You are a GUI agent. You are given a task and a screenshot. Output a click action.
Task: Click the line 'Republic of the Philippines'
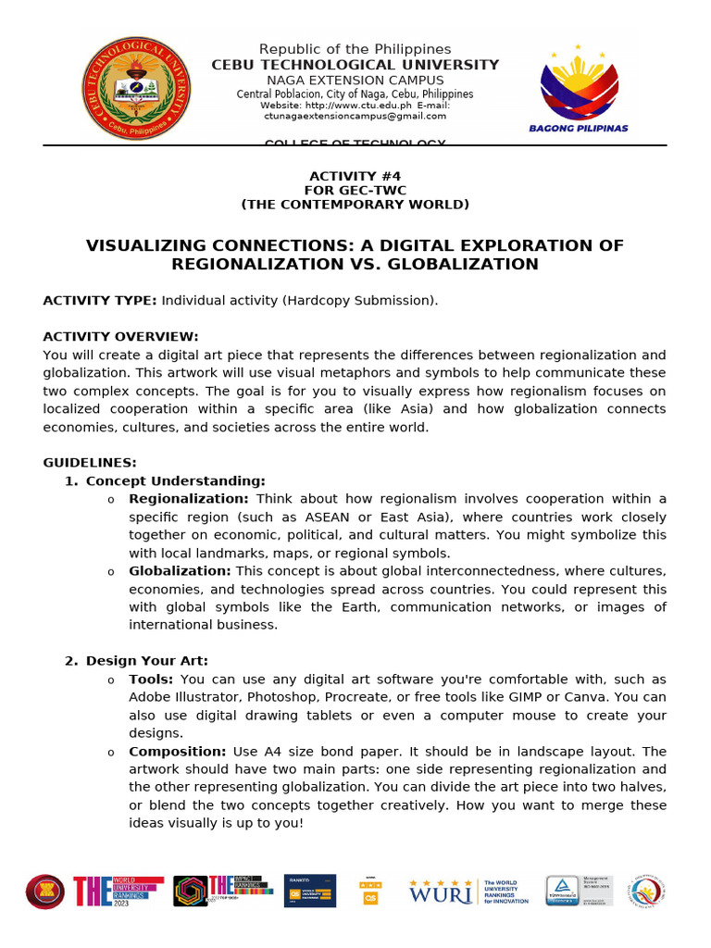pyautogui.click(x=355, y=49)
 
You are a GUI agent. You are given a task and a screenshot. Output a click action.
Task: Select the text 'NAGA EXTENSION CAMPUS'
pyautogui.click(x=355, y=81)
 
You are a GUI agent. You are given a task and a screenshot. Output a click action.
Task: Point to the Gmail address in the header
pyautogui.click(x=355, y=117)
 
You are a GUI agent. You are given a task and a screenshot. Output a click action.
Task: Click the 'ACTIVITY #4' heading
pyautogui.click(x=355, y=176)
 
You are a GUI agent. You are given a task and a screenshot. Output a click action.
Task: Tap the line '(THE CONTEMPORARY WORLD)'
pyautogui.click(x=355, y=205)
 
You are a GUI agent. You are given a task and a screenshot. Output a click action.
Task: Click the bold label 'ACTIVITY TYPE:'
pyautogui.click(x=100, y=301)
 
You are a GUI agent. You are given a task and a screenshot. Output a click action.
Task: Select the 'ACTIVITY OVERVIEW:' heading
pyautogui.click(x=120, y=337)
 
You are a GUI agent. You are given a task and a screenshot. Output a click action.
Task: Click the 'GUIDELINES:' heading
pyautogui.click(x=90, y=463)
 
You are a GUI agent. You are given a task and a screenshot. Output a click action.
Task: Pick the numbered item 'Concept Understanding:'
pyautogui.click(x=175, y=481)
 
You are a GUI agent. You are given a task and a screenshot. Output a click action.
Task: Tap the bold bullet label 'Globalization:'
pyautogui.click(x=180, y=571)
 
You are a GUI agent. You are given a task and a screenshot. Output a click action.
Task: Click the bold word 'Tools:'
pyautogui.click(x=151, y=680)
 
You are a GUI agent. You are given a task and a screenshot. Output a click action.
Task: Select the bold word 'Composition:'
pyautogui.click(x=177, y=752)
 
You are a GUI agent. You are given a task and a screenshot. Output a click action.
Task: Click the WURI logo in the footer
pyautogui.click(x=443, y=892)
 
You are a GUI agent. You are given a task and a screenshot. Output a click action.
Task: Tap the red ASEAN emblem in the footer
pyautogui.click(x=44, y=892)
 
